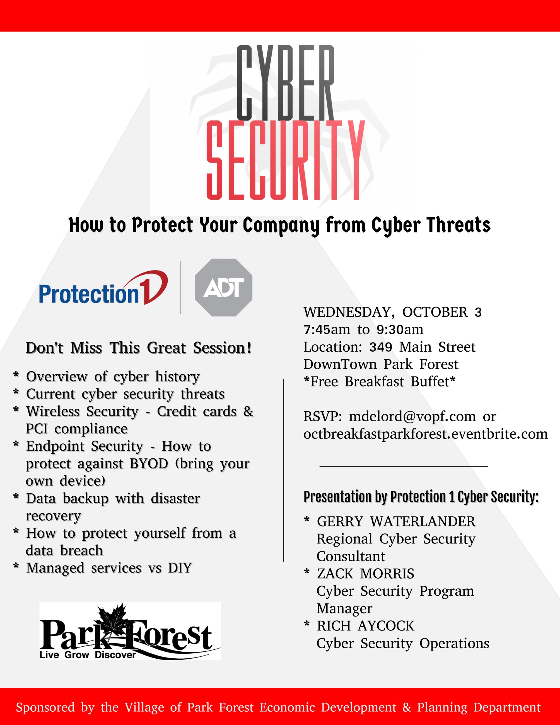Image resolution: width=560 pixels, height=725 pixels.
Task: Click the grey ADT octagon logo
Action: (x=223, y=287)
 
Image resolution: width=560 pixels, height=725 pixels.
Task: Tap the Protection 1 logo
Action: (x=103, y=288)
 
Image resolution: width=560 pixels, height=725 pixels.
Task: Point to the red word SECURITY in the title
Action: (x=286, y=161)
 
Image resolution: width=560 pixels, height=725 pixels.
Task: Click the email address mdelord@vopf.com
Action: (x=412, y=417)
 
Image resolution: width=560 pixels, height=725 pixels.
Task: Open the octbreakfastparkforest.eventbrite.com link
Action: (x=425, y=434)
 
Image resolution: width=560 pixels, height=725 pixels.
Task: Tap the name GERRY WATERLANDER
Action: (x=396, y=521)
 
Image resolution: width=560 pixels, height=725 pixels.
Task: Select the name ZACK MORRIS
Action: (x=365, y=574)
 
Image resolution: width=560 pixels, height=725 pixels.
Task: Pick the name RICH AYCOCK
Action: (x=365, y=626)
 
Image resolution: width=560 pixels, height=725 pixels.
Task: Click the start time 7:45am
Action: (x=327, y=330)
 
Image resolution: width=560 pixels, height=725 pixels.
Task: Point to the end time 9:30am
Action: (x=400, y=330)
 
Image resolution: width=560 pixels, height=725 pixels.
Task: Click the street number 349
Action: (x=380, y=347)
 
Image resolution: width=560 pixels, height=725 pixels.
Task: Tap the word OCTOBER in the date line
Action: (x=435, y=312)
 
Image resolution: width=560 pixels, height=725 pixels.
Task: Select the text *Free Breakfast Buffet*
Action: (x=379, y=382)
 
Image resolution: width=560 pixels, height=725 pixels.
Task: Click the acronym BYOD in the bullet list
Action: (x=149, y=464)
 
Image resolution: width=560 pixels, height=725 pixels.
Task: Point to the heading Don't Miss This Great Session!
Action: (x=139, y=348)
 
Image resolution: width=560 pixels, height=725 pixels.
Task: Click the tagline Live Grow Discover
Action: (x=88, y=655)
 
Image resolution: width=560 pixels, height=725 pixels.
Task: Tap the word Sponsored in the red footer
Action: (x=45, y=707)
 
